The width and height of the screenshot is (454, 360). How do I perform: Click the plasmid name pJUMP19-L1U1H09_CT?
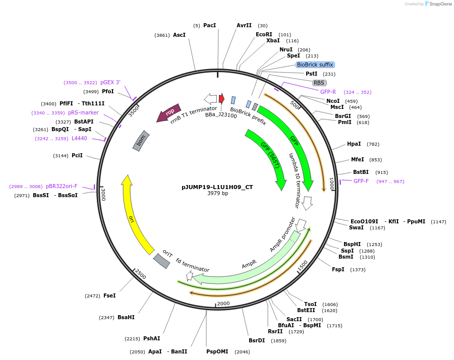(x=217, y=187)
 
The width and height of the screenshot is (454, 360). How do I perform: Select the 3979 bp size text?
(x=217, y=193)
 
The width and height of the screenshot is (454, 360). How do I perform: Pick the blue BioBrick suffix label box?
(x=315, y=65)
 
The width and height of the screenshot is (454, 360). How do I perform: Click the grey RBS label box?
(x=319, y=83)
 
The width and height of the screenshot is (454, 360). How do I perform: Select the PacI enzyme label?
(x=209, y=25)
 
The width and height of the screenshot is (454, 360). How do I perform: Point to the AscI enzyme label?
(x=179, y=35)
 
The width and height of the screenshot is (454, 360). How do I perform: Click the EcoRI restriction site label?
(x=264, y=34)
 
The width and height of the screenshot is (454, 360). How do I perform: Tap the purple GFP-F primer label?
(x=361, y=181)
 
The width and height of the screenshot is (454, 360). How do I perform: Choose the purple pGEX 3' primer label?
(x=110, y=82)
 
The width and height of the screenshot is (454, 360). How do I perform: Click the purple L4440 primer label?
(x=79, y=138)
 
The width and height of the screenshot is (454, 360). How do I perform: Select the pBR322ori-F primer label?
(x=62, y=186)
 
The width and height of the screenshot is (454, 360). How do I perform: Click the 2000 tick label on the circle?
(x=223, y=304)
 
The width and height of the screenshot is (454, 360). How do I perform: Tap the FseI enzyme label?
(x=109, y=295)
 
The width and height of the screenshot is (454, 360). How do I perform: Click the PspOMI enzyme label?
(x=217, y=351)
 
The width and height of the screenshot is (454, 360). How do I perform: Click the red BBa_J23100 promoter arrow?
(x=221, y=98)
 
